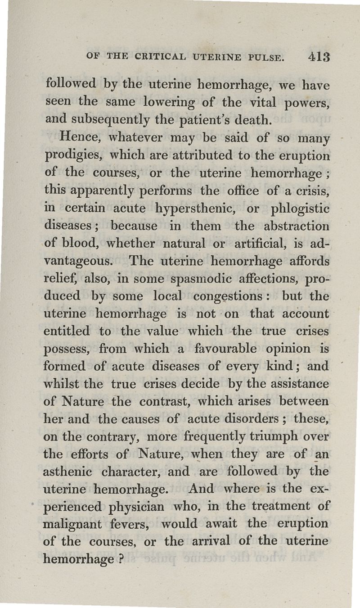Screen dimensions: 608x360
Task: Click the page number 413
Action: tap(319, 58)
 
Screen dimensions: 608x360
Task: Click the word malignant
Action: tap(75, 524)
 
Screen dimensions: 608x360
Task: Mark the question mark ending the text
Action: tap(122, 558)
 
